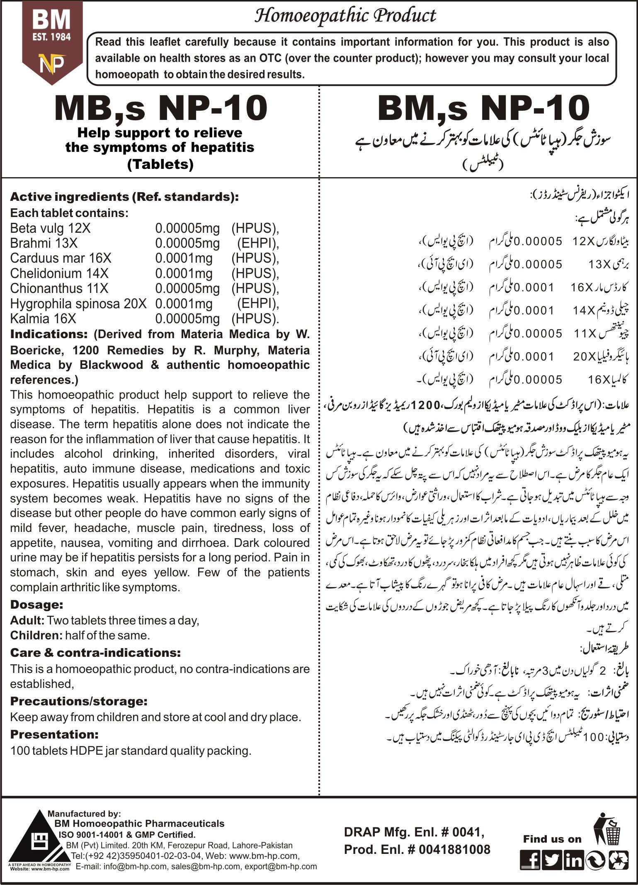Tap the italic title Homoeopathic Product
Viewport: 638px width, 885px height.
click(x=345, y=16)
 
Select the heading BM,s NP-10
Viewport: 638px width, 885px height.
click(x=483, y=108)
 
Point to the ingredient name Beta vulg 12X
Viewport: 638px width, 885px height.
click(x=50, y=228)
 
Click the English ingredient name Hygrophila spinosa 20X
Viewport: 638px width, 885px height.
click(x=78, y=304)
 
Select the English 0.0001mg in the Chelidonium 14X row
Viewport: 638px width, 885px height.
click(x=184, y=273)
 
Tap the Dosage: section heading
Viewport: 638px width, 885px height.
click(x=36, y=605)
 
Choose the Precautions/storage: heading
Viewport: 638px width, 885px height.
click(x=79, y=701)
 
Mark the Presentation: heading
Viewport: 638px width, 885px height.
click(x=54, y=734)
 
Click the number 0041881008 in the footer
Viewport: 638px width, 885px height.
click(x=454, y=849)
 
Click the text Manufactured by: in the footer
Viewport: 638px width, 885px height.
click(x=84, y=814)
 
